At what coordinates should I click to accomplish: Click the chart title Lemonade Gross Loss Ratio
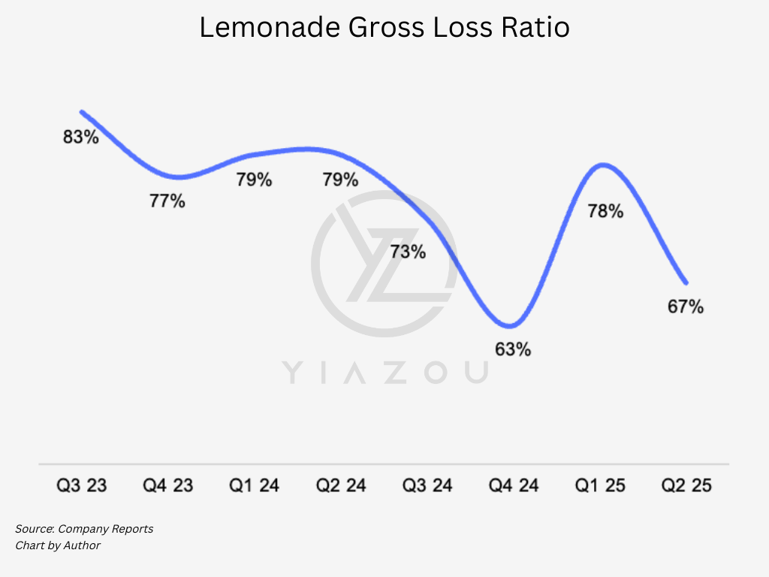coord(384,28)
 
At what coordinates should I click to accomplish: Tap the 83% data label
coord(81,137)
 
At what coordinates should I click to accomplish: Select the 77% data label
coord(167,201)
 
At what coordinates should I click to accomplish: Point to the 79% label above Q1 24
coord(254,180)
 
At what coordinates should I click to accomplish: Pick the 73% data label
coord(408,252)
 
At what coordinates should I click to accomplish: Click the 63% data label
coord(513,349)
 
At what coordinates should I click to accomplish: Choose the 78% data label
coord(605,212)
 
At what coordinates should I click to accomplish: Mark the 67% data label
coord(686,307)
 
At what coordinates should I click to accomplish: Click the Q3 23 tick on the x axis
coord(82,486)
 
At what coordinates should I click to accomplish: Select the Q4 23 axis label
coord(168,486)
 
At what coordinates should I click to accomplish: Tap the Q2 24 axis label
coord(341,486)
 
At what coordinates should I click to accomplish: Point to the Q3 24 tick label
coord(427,486)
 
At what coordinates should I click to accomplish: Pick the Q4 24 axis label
coord(514,486)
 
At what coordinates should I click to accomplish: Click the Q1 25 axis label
coord(600,486)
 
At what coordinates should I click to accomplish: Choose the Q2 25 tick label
coord(686,486)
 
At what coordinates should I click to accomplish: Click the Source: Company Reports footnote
coord(84,529)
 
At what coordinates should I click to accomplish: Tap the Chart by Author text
coord(58,545)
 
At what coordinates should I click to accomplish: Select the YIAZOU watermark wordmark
coord(384,372)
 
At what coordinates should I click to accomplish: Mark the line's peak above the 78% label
coord(603,164)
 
